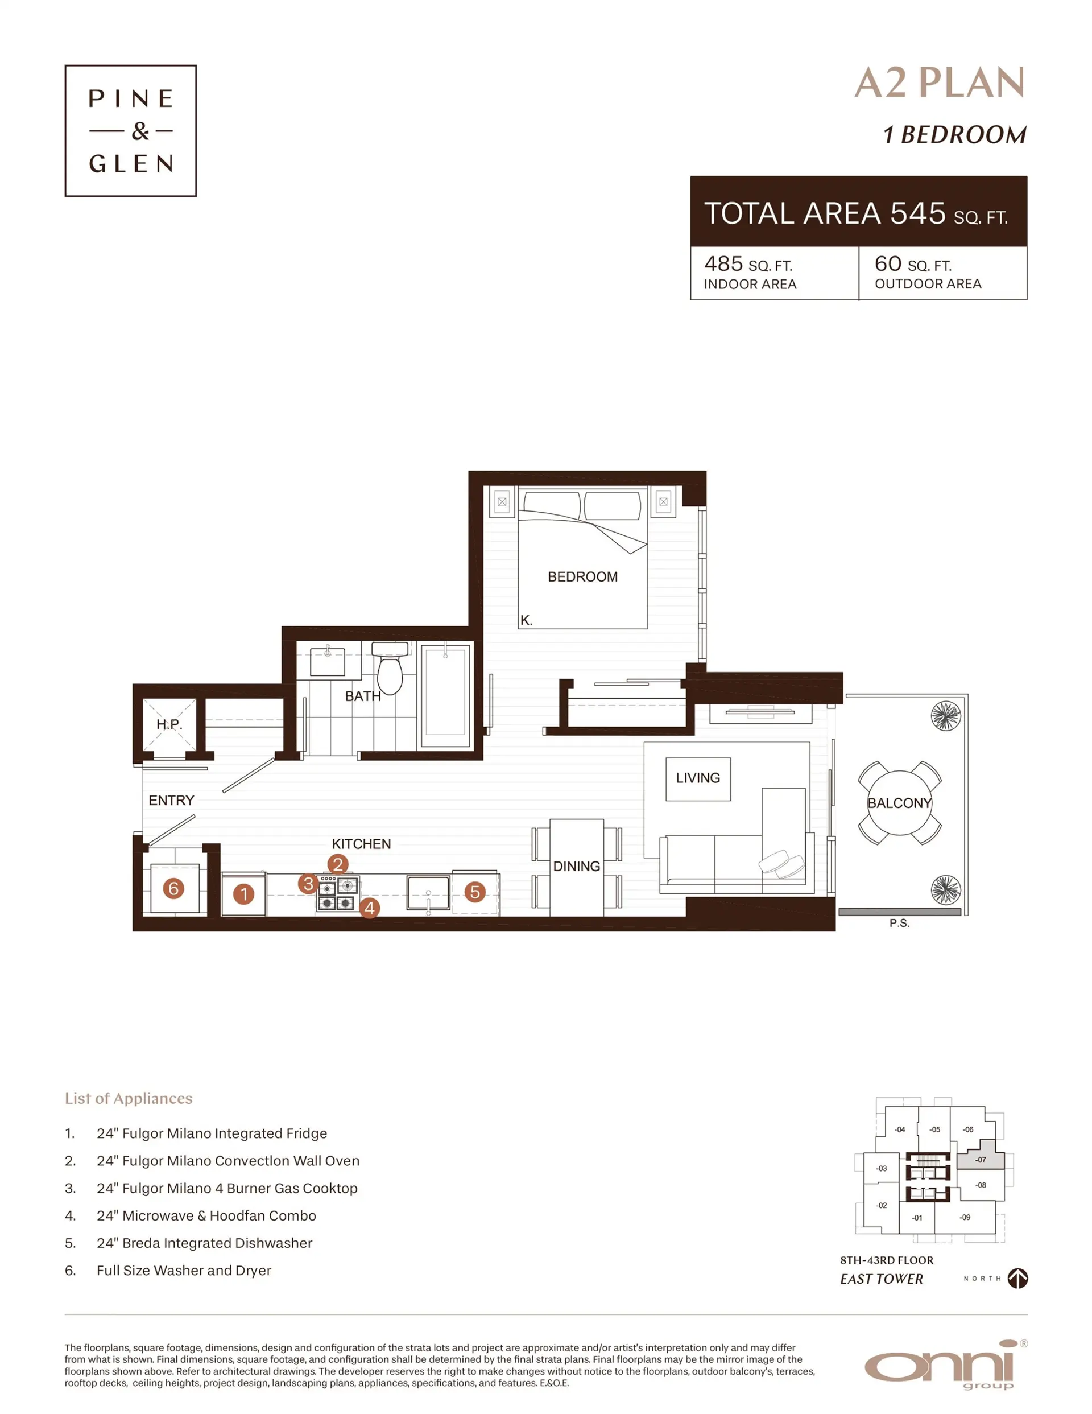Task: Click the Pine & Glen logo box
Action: [130, 130]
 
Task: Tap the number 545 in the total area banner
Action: [917, 213]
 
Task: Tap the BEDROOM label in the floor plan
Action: [582, 576]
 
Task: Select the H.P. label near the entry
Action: [169, 724]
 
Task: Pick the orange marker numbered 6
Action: [173, 888]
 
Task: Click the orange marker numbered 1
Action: [244, 894]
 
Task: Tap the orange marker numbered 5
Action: [474, 892]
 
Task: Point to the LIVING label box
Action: [698, 778]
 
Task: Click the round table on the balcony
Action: [899, 803]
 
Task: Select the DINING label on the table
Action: [576, 866]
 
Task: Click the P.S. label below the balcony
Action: [899, 924]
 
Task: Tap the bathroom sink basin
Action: [328, 662]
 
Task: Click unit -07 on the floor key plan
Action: [981, 1160]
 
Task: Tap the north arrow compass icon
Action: [1017, 1278]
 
